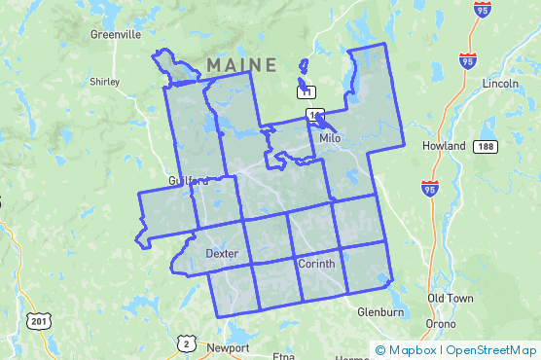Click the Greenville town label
(x=116, y=33)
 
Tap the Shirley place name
(x=103, y=82)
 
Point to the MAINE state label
(x=241, y=64)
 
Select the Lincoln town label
(x=500, y=83)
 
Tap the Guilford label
(x=188, y=181)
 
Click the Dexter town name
(x=222, y=253)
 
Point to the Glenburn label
(x=379, y=311)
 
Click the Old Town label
(x=450, y=298)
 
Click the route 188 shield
(x=486, y=146)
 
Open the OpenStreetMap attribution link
(x=491, y=350)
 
